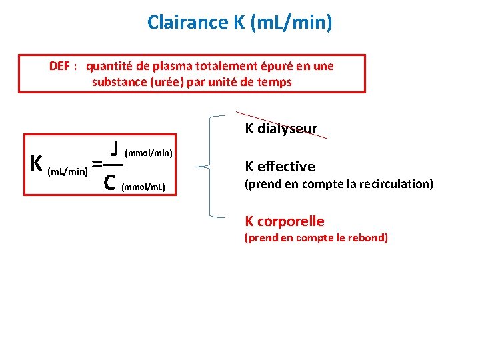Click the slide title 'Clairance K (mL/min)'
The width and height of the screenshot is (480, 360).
(x=239, y=23)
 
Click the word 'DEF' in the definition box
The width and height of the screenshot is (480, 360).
(x=61, y=66)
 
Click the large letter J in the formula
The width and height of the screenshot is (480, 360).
(x=115, y=148)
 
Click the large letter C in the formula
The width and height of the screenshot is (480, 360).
(x=112, y=181)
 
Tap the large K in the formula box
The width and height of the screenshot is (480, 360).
(x=37, y=163)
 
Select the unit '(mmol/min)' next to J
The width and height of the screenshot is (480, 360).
(x=149, y=153)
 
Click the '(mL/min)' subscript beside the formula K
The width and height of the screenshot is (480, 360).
(x=67, y=172)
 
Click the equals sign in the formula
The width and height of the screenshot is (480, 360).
(x=97, y=163)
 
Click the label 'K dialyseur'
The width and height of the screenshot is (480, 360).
(x=281, y=129)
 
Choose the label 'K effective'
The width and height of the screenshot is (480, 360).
(x=280, y=167)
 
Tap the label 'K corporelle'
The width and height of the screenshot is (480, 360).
(x=285, y=221)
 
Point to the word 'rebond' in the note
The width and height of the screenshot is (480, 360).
(x=366, y=237)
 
